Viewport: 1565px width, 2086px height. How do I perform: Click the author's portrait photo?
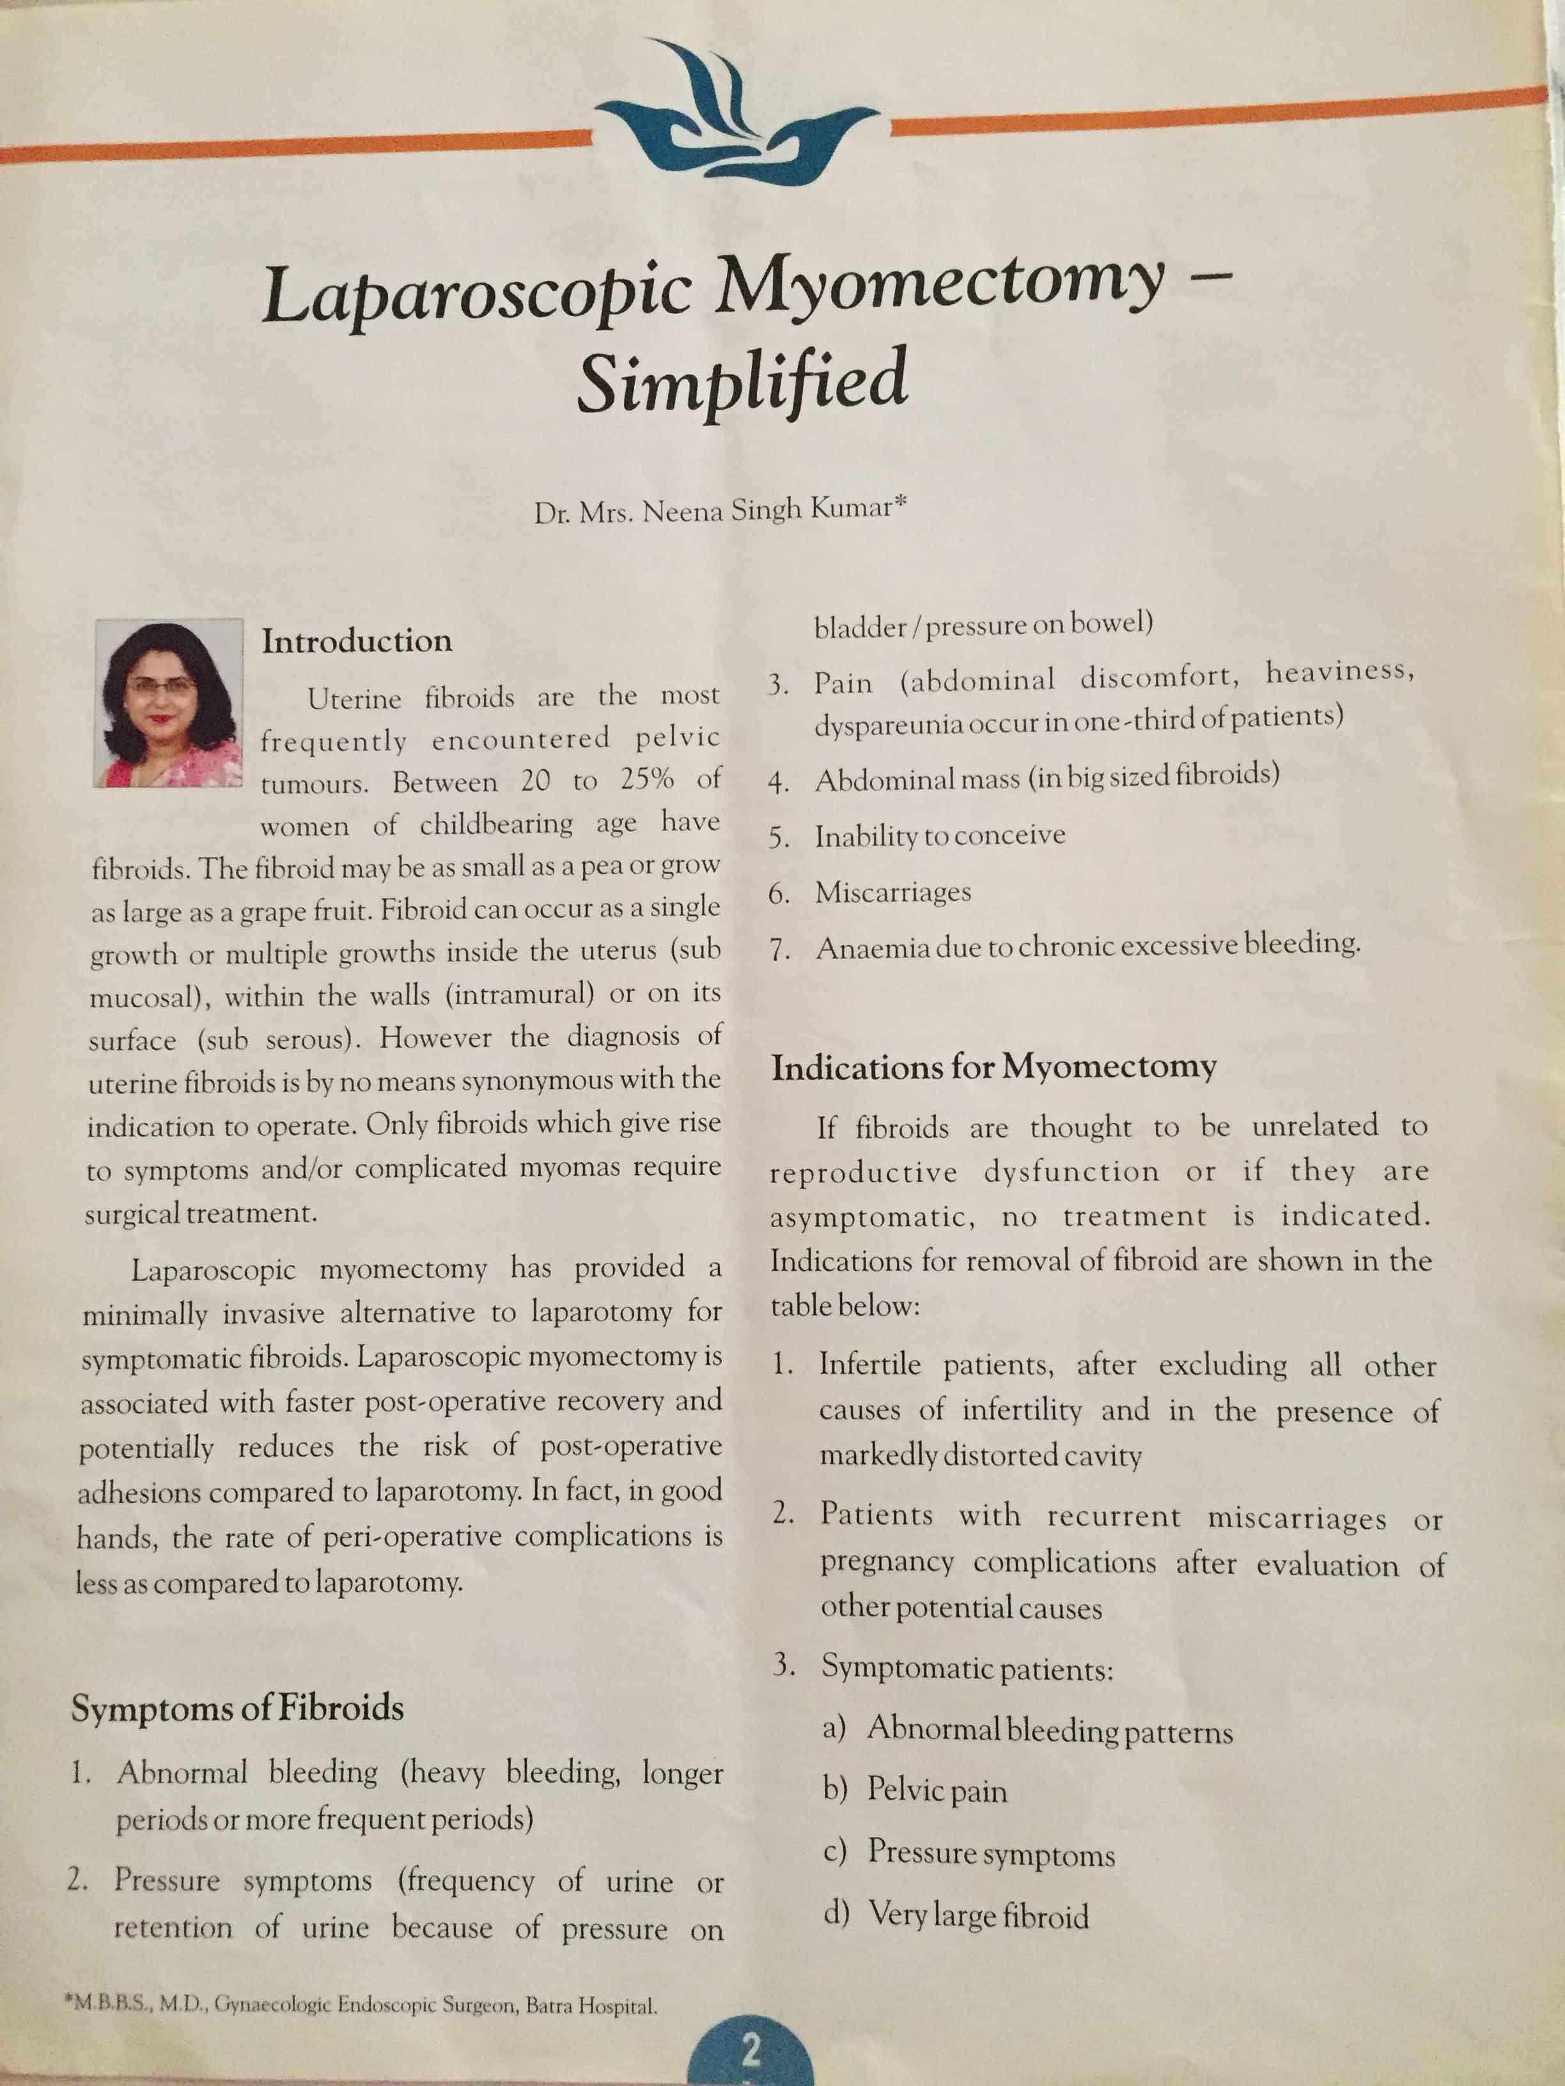click(x=168, y=702)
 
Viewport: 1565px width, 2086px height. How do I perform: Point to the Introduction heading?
click(x=357, y=641)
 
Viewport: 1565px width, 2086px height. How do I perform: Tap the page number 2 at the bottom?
click(x=751, y=2046)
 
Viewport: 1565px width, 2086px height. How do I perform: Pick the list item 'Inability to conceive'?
click(x=940, y=835)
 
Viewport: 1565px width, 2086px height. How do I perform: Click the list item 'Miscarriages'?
click(x=892, y=892)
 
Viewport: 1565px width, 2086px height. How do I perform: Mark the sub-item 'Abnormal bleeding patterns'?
click(x=1049, y=1731)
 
